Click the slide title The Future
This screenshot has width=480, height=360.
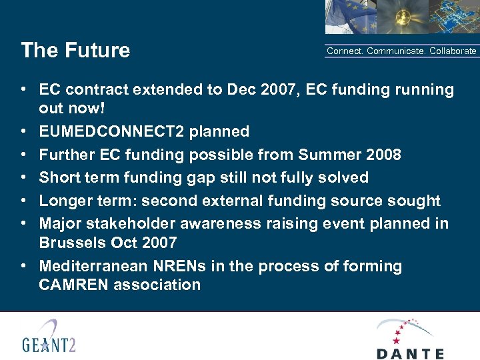pos(75,51)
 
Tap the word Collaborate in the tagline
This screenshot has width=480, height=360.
pos(453,51)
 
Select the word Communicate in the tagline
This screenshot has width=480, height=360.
pos(397,51)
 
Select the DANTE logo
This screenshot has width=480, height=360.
pos(409,338)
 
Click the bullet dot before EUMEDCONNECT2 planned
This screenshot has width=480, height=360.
pos(23,132)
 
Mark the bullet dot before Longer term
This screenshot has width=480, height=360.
pos(23,201)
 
